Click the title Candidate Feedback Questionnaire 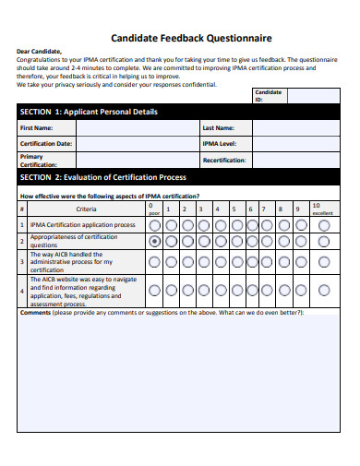click(191, 39)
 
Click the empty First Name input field click(136, 128)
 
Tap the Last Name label click(218, 128)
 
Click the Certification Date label click(46, 144)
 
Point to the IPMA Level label click(220, 144)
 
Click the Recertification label click(224, 160)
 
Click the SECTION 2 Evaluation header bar click(102, 177)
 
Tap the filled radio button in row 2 click(154, 241)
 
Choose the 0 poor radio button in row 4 click(154, 290)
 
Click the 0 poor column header click(154, 209)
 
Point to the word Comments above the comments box click(35, 313)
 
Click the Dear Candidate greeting click(39, 52)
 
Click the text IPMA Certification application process click(82, 224)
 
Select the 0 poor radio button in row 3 click(154, 262)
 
